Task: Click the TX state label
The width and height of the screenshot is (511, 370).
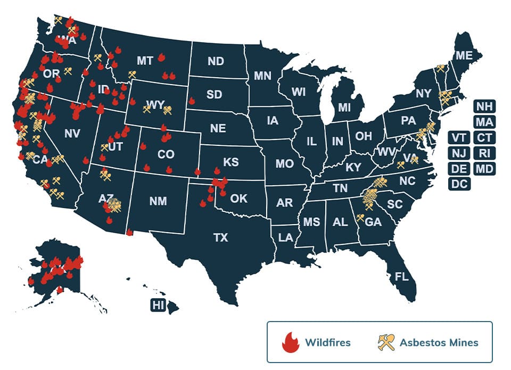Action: coord(220,238)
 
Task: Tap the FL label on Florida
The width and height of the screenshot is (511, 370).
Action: coord(401,277)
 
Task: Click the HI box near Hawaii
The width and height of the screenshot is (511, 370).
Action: coord(158,305)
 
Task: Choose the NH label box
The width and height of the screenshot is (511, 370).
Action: coord(484,106)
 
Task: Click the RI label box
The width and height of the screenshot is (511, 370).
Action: coord(484,153)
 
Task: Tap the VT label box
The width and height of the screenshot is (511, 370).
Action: coord(459,138)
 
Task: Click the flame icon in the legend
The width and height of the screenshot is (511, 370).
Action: coord(290,342)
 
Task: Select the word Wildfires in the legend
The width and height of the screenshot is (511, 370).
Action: coord(327,342)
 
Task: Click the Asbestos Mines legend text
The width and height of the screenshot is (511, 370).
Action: coord(439,342)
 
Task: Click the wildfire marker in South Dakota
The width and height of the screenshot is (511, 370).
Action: coord(192,100)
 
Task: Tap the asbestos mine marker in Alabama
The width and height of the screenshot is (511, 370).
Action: coord(360,217)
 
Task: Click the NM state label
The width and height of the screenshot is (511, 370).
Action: coord(158,201)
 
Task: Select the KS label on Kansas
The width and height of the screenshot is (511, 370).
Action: coord(230,162)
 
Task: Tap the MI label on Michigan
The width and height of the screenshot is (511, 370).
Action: coord(344,108)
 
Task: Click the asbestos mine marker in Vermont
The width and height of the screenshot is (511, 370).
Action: coord(440,68)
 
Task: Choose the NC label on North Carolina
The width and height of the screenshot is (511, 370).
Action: coord(407,181)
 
